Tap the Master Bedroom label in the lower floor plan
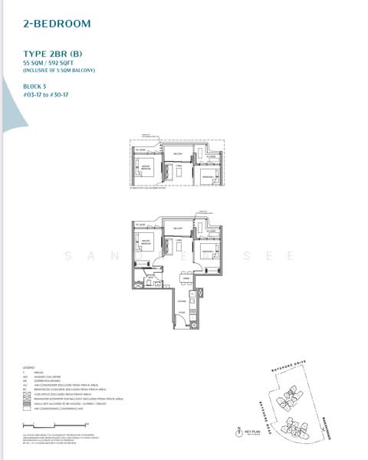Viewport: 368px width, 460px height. (x=146, y=242)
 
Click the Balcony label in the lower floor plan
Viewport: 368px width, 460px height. (x=177, y=228)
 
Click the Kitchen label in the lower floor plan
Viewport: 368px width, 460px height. (x=182, y=301)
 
